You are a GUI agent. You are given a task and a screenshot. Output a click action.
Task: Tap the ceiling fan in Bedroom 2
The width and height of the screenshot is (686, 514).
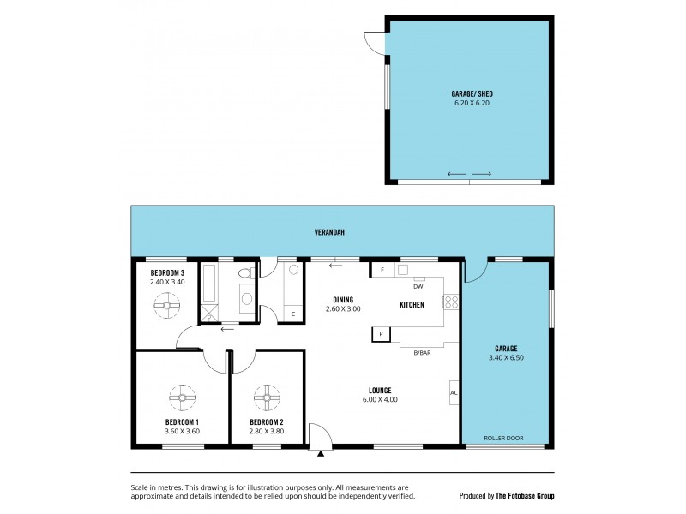point(266,397)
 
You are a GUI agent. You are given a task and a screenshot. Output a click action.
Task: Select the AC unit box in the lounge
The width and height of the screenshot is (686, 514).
point(454,392)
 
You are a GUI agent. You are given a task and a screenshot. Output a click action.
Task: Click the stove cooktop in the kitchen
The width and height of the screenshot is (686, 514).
point(451,302)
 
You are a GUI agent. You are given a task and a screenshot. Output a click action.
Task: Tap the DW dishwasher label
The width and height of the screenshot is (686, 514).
point(418,287)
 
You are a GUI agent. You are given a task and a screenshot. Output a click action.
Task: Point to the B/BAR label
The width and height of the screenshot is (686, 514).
point(421,352)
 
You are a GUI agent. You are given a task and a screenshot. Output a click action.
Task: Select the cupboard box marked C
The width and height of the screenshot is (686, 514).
point(293,314)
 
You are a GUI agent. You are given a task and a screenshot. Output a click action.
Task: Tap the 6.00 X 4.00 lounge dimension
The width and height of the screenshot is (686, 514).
point(380,399)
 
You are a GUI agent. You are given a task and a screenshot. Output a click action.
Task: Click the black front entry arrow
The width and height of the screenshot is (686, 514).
point(321,454)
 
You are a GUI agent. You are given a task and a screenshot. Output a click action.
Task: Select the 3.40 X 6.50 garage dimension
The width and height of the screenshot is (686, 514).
point(506,357)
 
